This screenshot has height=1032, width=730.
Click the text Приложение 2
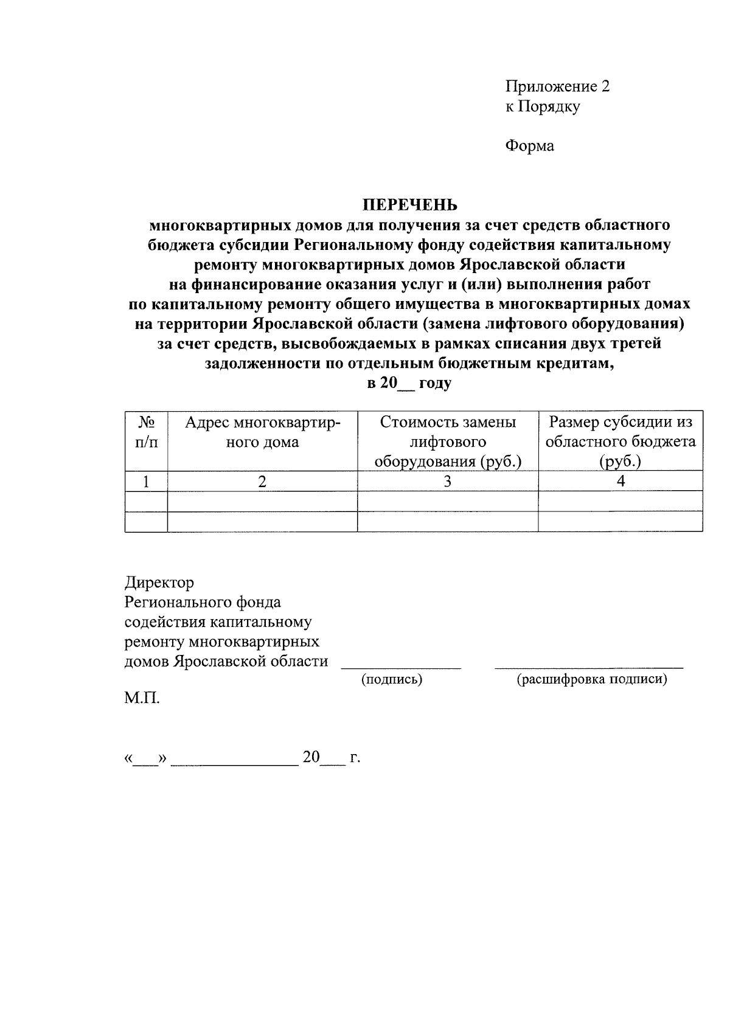[557, 86]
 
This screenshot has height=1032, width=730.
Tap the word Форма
[529, 146]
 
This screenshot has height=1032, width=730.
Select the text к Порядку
[543, 106]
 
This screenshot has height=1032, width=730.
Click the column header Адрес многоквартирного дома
[262, 432]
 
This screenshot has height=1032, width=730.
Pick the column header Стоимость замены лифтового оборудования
[448, 442]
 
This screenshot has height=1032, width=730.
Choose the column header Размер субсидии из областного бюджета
[620, 442]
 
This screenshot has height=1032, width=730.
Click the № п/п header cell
[146, 432]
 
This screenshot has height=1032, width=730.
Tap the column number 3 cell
[448, 481]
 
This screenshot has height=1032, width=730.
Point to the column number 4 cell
[620, 481]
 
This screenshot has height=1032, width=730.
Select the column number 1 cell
[146, 481]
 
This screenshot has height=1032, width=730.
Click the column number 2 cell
[262, 481]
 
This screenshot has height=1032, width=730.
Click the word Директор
[159, 583]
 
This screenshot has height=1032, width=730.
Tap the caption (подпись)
[392, 679]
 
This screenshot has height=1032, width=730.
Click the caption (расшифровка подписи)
[591, 679]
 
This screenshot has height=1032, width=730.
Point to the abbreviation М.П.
[142, 698]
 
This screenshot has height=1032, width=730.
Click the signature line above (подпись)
[401, 667]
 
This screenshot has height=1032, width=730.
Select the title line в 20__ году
[409, 383]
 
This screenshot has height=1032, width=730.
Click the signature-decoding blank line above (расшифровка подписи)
[589, 667]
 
